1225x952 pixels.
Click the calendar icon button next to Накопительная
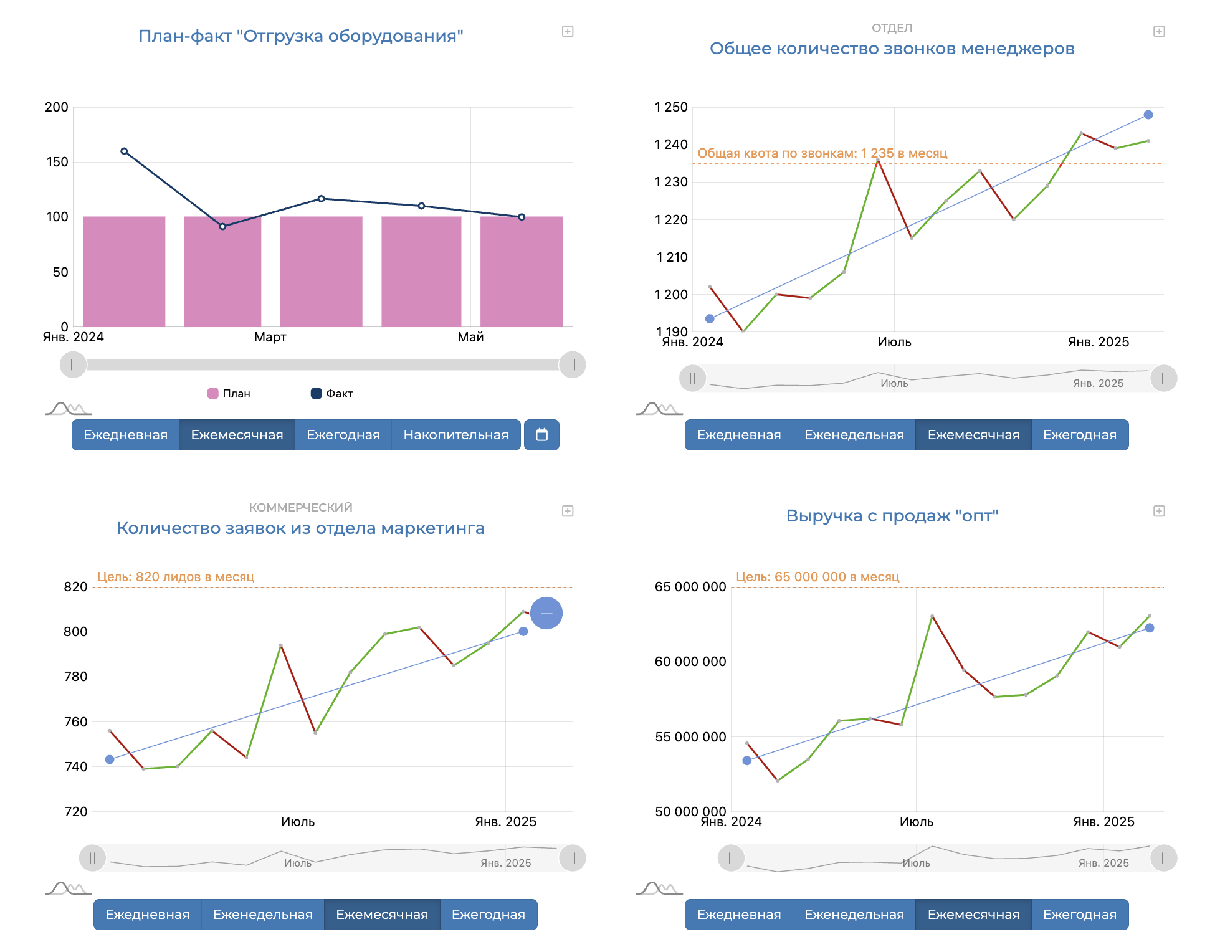click(x=541, y=435)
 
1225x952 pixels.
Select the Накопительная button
click(x=455, y=435)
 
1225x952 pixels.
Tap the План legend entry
click(x=229, y=394)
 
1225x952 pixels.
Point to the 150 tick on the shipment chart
click(x=57, y=162)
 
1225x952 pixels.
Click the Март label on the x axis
click(x=270, y=337)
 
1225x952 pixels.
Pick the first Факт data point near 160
click(x=124, y=151)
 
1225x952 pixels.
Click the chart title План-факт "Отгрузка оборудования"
click(x=300, y=36)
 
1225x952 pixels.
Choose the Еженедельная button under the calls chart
click(x=854, y=435)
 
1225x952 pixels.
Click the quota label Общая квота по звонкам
click(x=822, y=153)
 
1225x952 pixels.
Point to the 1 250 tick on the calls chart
click(x=671, y=107)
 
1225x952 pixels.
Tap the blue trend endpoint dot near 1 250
click(x=1148, y=115)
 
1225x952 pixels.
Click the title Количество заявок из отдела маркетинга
click(x=300, y=528)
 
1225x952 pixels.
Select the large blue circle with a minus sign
click(x=546, y=613)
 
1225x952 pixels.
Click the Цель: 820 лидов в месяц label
click(x=176, y=577)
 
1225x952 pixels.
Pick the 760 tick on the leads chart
click(x=75, y=722)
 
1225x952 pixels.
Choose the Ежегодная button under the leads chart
click(x=488, y=915)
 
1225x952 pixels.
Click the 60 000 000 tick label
click(x=690, y=662)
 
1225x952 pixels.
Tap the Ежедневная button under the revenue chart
click(x=738, y=915)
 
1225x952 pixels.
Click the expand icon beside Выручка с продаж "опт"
click(x=1158, y=511)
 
